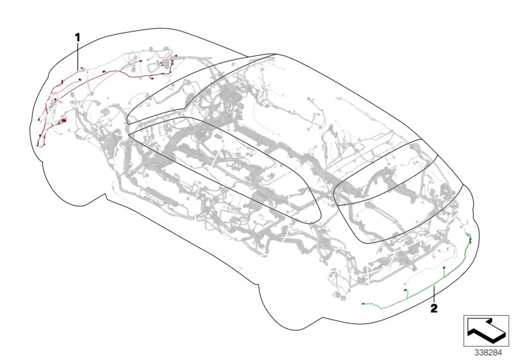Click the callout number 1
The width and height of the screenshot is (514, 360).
(78, 38)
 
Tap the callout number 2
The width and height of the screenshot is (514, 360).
(434, 309)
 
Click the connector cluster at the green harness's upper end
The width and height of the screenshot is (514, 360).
(470, 239)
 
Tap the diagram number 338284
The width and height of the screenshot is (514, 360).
(487, 352)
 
